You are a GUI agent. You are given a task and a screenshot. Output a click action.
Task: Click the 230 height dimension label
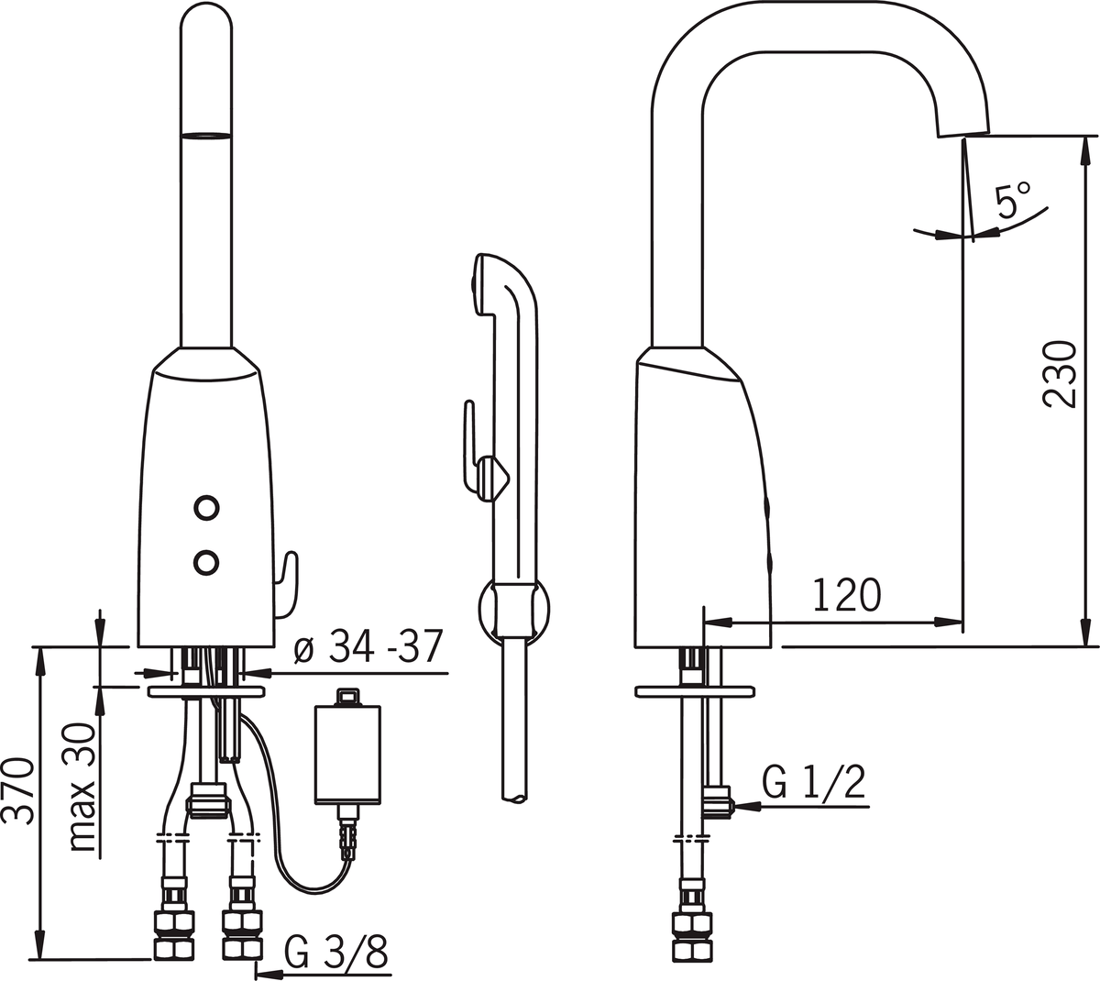pyautogui.click(x=1058, y=374)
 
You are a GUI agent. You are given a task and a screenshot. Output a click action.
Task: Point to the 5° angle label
pyautogui.click(x=1013, y=199)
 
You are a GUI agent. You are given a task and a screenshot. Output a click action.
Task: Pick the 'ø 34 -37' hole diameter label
pyautogui.click(x=368, y=645)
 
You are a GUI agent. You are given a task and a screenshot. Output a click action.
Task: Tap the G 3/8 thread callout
pyautogui.click(x=336, y=950)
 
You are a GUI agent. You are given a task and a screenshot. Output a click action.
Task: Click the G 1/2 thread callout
pyautogui.click(x=814, y=782)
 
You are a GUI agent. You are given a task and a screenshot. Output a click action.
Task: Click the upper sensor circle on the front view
pyautogui.click(x=206, y=509)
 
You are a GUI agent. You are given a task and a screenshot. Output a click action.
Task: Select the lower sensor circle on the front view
pyautogui.click(x=206, y=562)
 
